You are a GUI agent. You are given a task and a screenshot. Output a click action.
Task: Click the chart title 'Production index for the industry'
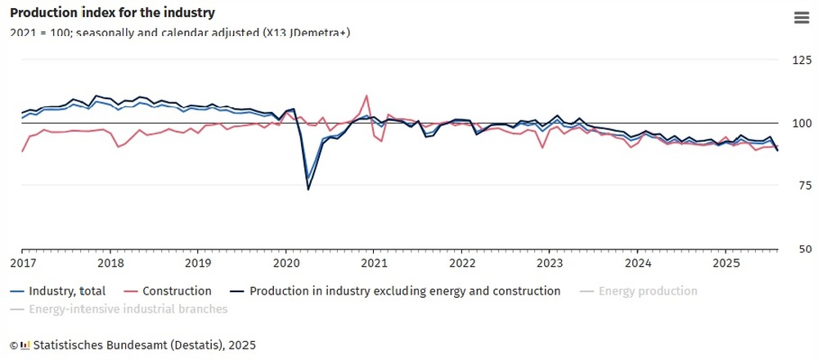tap(113, 13)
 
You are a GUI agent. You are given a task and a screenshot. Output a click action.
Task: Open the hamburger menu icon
tap(801, 19)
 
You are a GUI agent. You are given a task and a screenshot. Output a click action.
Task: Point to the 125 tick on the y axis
tap(802, 61)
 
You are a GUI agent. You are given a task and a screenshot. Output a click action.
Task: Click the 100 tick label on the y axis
tap(802, 124)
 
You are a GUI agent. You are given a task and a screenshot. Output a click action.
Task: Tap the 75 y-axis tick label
tap(805, 187)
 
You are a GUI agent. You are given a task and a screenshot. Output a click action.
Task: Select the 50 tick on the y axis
tap(805, 250)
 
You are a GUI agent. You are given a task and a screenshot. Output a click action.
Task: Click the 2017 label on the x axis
tap(22, 263)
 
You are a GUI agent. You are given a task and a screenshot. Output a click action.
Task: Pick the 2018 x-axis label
tap(110, 263)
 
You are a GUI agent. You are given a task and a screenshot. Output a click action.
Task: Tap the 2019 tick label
tap(198, 263)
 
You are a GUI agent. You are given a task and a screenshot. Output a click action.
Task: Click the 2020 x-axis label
tap(286, 263)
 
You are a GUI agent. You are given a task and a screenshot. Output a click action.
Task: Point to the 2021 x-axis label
tap(374, 263)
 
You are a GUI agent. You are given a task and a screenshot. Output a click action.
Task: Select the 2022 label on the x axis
tap(462, 263)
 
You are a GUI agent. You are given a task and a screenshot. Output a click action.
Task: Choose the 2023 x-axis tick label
tap(550, 263)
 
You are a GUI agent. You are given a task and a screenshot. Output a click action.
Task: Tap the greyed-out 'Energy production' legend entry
tap(648, 291)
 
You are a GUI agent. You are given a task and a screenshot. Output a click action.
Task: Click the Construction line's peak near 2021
tap(366, 96)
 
